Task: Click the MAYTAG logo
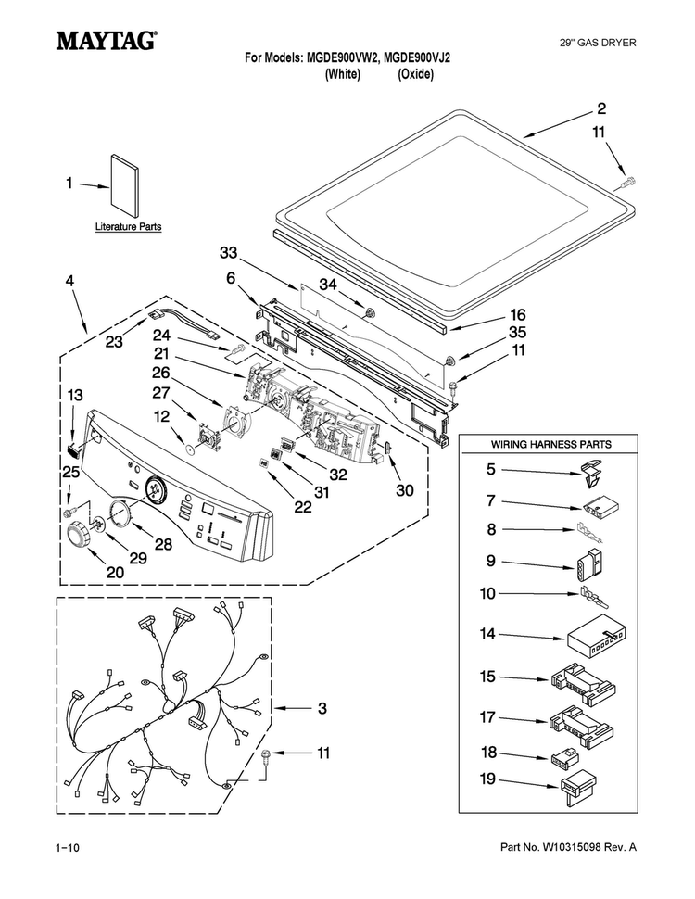click(107, 41)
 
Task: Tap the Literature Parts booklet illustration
click(124, 184)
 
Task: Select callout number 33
click(228, 252)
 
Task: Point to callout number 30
click(405, 490)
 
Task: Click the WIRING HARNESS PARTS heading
click(550, 444)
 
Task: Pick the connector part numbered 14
click(596, 635)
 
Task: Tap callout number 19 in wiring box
click(487, 779)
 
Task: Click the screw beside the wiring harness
click(266, 756)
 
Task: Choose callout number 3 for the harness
click(322, 708)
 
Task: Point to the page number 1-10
click(67, 847)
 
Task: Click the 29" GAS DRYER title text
click(598, 43)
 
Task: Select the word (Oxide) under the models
click(416, 74)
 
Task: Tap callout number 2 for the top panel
click(601, 108)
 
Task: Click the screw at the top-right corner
click(628, 183)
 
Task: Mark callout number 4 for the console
click(69, 281)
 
